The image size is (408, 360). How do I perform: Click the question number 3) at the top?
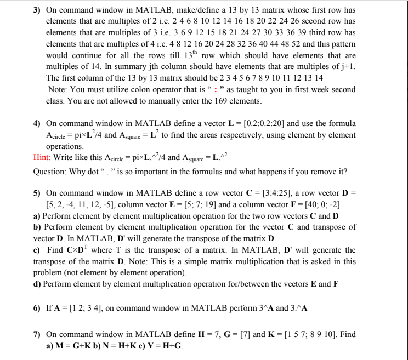pyautogui.click(x=37, y=10)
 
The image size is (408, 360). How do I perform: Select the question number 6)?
pyautogui.click(x=37, y=308)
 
